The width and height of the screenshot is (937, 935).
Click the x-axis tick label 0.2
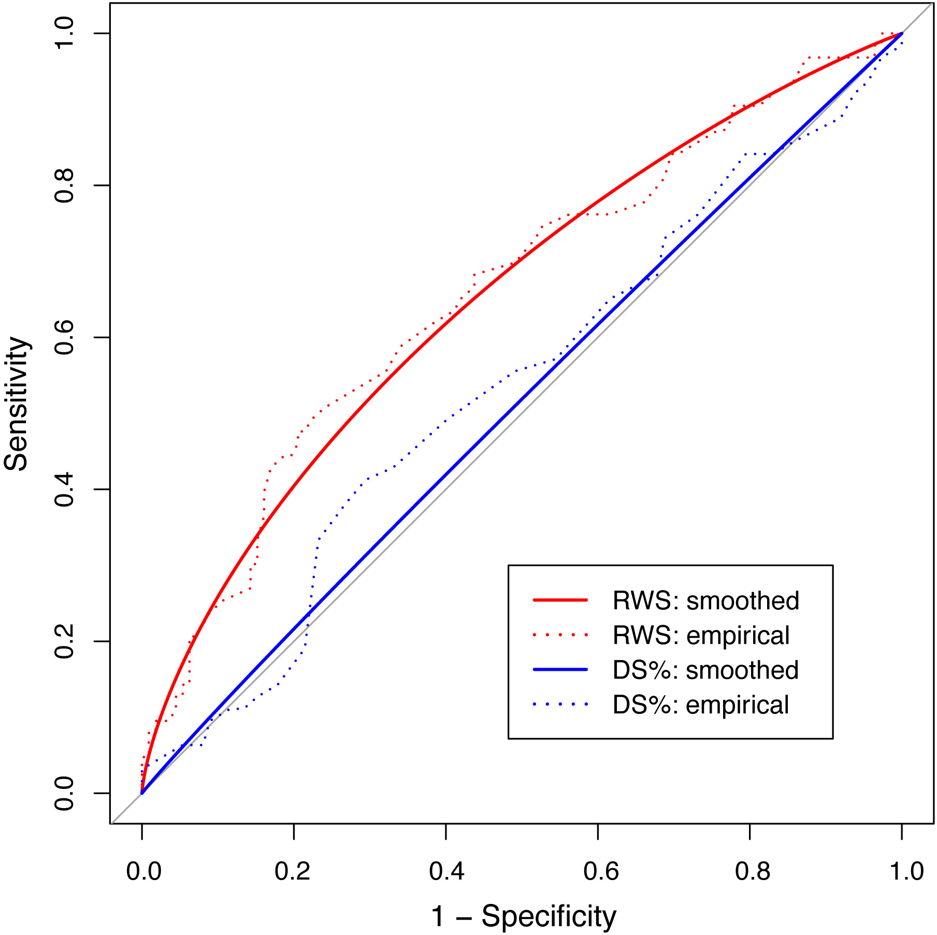point(293,871)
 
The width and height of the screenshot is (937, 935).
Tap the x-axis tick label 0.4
point(446,871)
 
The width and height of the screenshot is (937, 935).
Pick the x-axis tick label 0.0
point(143,871)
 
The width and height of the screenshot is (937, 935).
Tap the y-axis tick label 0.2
point(65,641)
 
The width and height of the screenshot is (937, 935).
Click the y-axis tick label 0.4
point(65,489)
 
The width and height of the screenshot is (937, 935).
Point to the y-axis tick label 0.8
point(65,185)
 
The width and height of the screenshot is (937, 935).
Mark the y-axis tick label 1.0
point(65,33)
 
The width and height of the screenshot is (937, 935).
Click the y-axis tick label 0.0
point(65,793)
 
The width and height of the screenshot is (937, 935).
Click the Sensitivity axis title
point(17,404)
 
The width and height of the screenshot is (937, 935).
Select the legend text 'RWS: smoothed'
point(705,601)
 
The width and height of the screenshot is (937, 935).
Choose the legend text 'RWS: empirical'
point(701,636)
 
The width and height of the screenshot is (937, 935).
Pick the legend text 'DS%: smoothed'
point(705,670)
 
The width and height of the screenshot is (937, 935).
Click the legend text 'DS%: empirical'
point(701,705)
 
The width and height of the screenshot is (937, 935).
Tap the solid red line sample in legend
point(560,600)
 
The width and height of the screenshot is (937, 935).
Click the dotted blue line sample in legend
point(560,704)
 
